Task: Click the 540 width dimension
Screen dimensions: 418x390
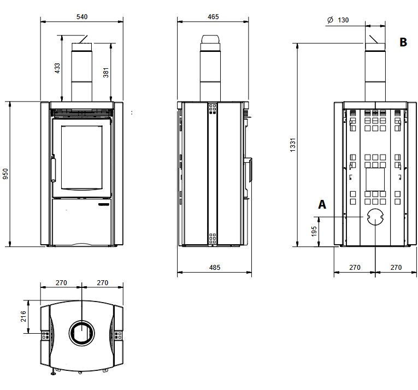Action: (x=82, y=17)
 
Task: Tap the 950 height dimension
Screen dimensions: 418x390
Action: (x=5, y=174)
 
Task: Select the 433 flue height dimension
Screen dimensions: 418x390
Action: (x=57, y=68)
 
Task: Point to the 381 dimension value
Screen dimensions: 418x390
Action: (x=106, y=73)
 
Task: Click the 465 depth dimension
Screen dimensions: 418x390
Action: (x=213, y=17)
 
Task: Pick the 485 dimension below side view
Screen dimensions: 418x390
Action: (x=215, y=268)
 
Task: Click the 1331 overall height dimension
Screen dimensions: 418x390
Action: (x=293, y=145)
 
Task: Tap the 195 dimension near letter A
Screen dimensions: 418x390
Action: (x=314, y=232)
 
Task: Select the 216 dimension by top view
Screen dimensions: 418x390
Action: (x=23, y=316)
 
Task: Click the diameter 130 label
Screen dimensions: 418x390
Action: (x=338, y=20)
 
